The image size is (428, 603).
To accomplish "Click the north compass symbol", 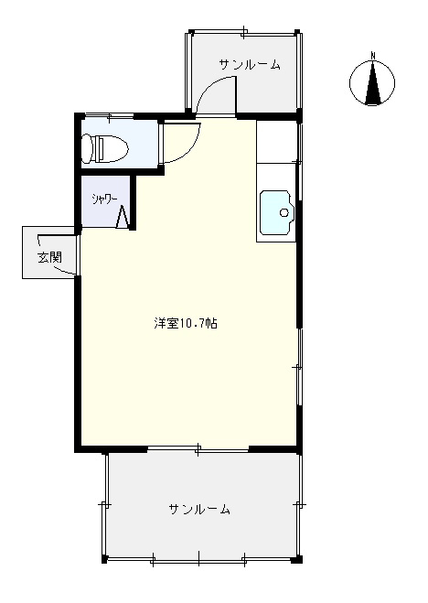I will [372, 85].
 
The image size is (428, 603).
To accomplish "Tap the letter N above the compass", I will [372, 56].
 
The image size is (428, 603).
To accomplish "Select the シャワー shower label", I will [102, 197].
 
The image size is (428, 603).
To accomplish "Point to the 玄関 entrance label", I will [49, 257].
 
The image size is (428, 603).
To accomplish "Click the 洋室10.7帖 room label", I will [186, 323].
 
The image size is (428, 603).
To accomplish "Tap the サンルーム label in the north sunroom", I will [249, 65].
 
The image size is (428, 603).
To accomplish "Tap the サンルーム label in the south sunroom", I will [198, 509].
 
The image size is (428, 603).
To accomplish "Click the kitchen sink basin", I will [276, 213].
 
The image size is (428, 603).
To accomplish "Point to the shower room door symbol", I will [123, 217].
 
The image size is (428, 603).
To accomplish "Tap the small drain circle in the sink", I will [284, 213].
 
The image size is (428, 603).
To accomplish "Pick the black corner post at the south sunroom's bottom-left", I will [104, 558].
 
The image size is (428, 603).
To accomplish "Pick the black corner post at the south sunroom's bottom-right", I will [295, 558].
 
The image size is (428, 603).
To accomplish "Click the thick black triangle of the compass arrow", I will [372, 90].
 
